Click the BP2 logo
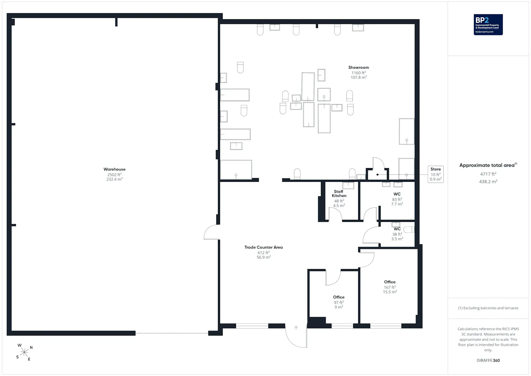488,25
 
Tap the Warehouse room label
114,169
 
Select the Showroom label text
358,67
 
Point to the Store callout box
435,174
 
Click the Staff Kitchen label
339,193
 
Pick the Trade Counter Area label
264,247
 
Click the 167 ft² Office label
390,282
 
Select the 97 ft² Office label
339,297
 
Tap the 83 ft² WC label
397,194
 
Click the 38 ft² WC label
397,229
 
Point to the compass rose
24,352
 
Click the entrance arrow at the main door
296,328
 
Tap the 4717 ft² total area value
488,174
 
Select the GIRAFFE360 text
488,360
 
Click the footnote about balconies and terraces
488,308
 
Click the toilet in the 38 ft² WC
409,230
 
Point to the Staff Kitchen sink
348,185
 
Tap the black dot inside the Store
377,175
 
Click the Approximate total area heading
488,165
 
